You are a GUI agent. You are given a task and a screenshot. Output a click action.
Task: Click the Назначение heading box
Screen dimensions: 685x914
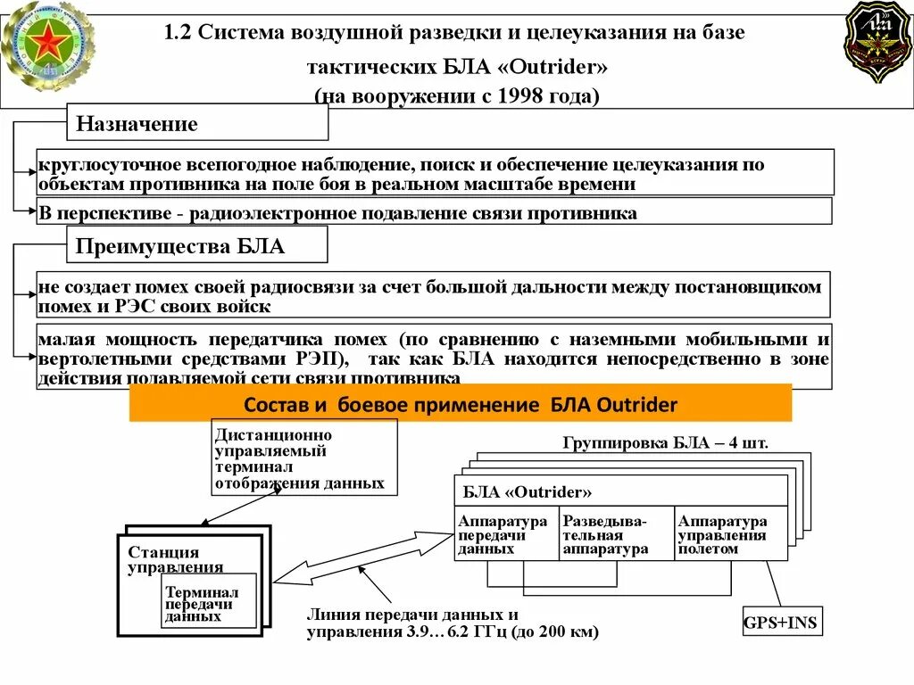[x=198, y=123]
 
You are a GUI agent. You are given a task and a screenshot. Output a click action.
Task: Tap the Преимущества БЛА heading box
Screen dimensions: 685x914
[x=198, y=245]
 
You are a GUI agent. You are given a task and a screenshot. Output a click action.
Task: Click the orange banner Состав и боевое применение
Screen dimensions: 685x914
[x=461, y=403]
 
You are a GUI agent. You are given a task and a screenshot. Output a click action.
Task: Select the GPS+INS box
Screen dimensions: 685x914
[x=781, y=621]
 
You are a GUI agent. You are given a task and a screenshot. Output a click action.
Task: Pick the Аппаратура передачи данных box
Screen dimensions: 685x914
[x=506, y=534]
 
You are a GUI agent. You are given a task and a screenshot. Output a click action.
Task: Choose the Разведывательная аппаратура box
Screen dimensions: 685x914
[x=616, y=534]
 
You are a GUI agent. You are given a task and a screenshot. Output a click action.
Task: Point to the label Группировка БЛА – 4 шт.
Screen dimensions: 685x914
[x=665, y=442]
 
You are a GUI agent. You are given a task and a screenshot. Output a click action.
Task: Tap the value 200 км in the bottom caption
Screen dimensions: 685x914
[x=566, y=632]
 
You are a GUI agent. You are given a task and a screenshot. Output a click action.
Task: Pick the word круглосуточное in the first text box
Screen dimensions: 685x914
[x=107, y=166]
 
